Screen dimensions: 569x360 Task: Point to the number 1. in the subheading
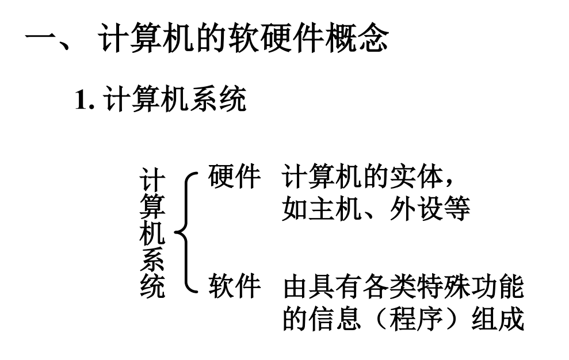pos(85,101)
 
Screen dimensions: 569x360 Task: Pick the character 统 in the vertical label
pos(152,286)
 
